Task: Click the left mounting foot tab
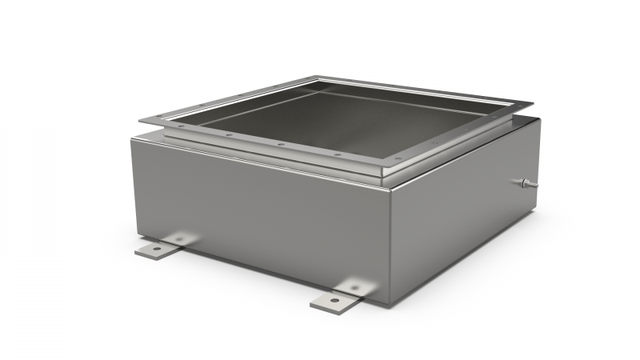click(160, 247)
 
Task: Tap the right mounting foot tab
click(337, 296)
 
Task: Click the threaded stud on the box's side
click(524, 184)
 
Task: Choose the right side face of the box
click(464, 216)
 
